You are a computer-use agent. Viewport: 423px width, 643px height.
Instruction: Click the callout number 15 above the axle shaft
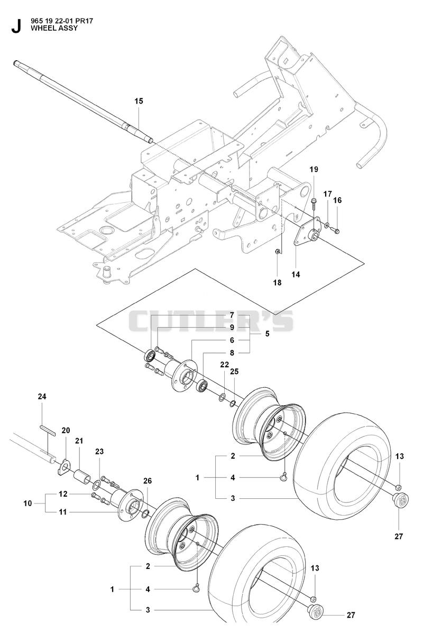point(139,101)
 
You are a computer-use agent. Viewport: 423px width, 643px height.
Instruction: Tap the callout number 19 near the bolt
point(314,170)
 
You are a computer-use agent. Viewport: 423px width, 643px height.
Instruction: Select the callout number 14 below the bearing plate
point(296,274)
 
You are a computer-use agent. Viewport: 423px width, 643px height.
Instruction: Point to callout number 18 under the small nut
point(277,283)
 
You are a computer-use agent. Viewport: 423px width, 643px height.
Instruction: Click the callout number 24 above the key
point(42,396)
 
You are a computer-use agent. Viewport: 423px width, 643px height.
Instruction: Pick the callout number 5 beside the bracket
point(267,334)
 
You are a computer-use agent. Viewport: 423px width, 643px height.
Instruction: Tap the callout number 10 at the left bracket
point(27,503)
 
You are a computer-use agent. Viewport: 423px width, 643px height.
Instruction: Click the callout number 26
point(148,481)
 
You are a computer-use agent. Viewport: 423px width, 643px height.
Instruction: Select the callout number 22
point(224,365)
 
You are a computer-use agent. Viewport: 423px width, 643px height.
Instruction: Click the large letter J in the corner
point(16,26)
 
